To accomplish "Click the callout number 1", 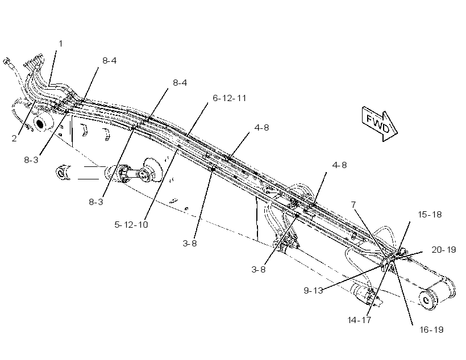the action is [61, 44].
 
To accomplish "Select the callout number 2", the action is [14, 139].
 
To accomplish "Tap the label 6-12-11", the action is [230, 98].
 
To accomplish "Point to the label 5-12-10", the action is [131, 224].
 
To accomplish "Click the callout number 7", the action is [353, 204].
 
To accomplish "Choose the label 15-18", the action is [430, 215].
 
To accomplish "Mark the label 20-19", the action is [443, 249].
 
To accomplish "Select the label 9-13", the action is [313, 290].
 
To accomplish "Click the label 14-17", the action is [359, 320].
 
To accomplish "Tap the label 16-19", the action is [431, 330].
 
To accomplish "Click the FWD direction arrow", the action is [380, 124].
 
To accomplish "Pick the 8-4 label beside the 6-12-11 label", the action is [180, 82].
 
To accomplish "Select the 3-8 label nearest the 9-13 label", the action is [258, 269].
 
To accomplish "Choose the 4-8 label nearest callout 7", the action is [339, 165].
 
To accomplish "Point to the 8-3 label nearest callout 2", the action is [31, 160].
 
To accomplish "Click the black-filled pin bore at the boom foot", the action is [39, 123].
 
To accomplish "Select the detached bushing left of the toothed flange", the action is [63, 172].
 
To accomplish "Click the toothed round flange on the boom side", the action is [152, 170].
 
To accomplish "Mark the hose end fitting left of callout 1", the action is [7, 62].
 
